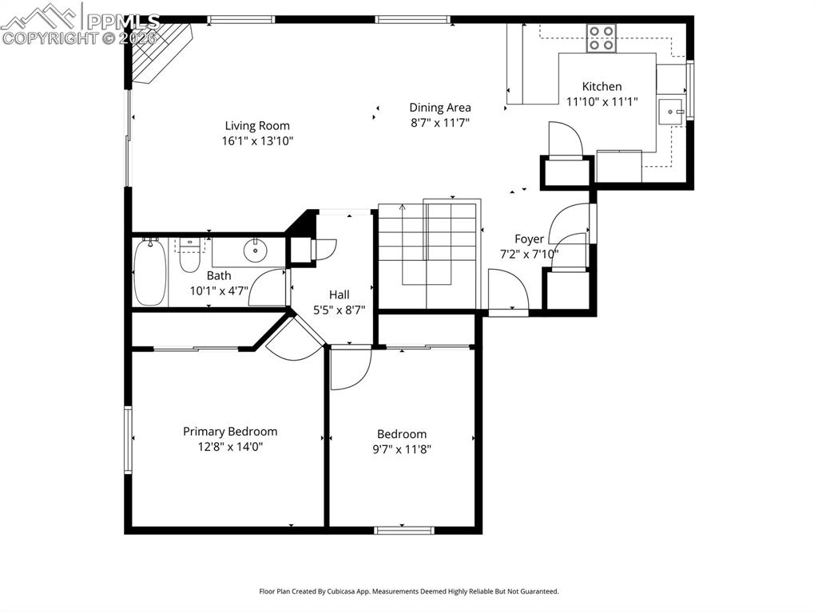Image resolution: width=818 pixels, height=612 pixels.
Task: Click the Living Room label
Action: [257, 125]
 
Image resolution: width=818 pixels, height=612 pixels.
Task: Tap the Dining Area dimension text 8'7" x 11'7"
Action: [440, 123]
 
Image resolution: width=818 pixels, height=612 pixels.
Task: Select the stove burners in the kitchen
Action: [602, 38]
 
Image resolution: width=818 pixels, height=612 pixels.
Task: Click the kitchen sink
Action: [670, 112]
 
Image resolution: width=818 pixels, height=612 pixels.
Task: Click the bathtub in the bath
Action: [150, 273]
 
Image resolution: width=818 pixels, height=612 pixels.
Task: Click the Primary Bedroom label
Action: [230, 432]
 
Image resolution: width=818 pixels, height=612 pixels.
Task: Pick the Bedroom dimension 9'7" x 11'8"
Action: [402, 449]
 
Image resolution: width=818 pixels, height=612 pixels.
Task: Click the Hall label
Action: [339, 294]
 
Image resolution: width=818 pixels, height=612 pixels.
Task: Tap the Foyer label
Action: [529, 239]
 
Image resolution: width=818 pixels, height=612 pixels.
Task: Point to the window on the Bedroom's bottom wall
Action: [404, 531]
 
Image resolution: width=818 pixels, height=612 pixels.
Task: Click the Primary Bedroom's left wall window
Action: [128, 440]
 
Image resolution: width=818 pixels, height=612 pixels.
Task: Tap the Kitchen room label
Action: [602, 86]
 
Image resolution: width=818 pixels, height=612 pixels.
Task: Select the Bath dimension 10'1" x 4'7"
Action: [219, 291]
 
